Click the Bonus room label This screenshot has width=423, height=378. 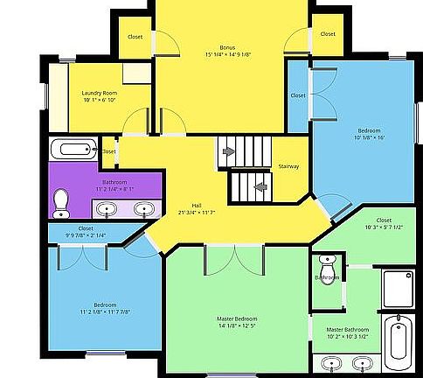(x=228, y=46)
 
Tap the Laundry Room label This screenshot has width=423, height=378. (x=99, y=93)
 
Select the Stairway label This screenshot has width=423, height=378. (x=288, y=166)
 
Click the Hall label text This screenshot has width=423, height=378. (x=197, y=205)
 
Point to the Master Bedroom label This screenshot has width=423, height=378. (x=237, y=318)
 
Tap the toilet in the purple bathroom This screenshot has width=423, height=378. (x=61, y=203)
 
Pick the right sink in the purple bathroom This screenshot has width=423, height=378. (x=143, y=209)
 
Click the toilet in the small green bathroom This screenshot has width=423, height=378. (x=327, y=261)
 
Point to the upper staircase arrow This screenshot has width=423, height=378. (x=229, y=151)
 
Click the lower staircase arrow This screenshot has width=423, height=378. (x=260, y=185)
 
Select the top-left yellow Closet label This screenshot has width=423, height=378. (x=135, y=37)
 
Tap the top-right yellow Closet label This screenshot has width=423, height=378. (x=327, y=34)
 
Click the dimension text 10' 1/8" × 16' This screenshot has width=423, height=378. (x=369, y=137)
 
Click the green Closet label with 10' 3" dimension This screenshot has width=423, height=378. (x=384, y=220)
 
